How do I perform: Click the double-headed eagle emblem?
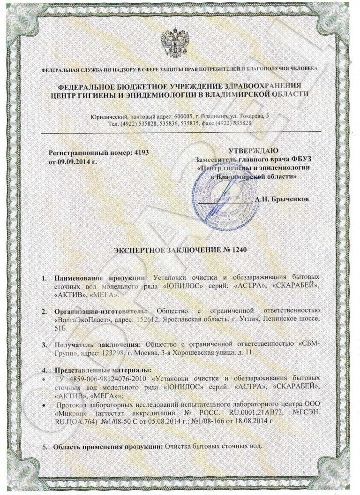(x=174, y=43)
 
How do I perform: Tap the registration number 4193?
(x=147, y=153)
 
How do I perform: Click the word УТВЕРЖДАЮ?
(x=253, y=151)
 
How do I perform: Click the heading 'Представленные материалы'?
(x=103, y=370)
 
